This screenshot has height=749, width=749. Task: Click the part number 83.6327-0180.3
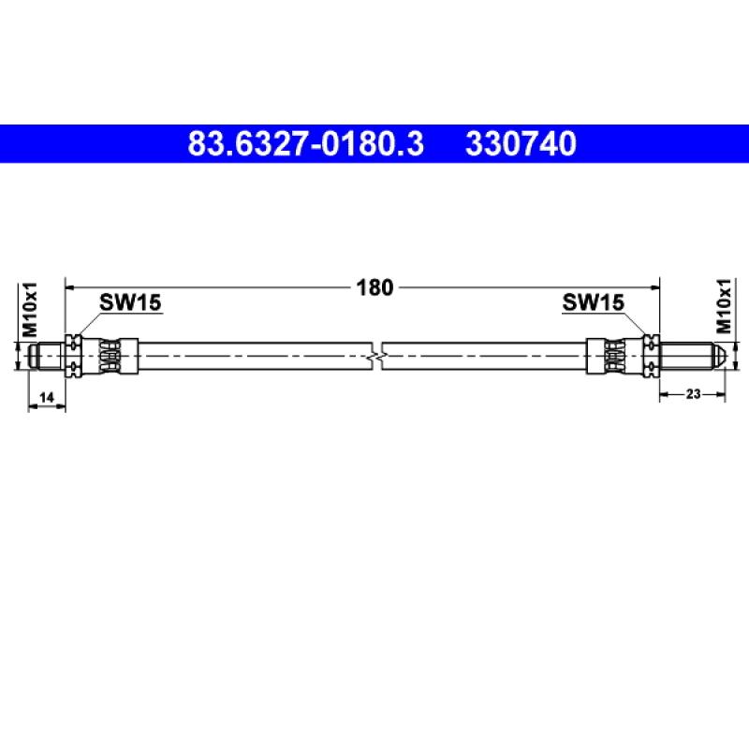(306, 144)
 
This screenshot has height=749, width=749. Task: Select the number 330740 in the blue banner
(521, 144)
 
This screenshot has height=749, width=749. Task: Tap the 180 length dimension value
(375, 287)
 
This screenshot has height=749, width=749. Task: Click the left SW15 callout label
(130, 302)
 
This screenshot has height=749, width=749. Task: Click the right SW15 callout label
(593, 302)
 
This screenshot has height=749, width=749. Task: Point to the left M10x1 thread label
(30, 309)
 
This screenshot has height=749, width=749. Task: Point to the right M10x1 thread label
(724, 306)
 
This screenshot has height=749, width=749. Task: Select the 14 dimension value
(46, 397)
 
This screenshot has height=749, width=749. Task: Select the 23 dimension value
(693, 393)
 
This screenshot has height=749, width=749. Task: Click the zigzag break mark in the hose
(377, 357)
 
